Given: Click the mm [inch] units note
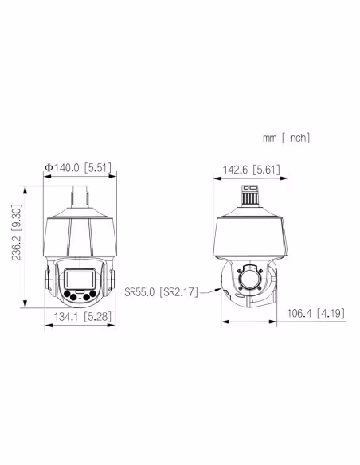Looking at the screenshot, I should [x=284, y=138].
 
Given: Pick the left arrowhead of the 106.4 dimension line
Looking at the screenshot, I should [x=222, y=322].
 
